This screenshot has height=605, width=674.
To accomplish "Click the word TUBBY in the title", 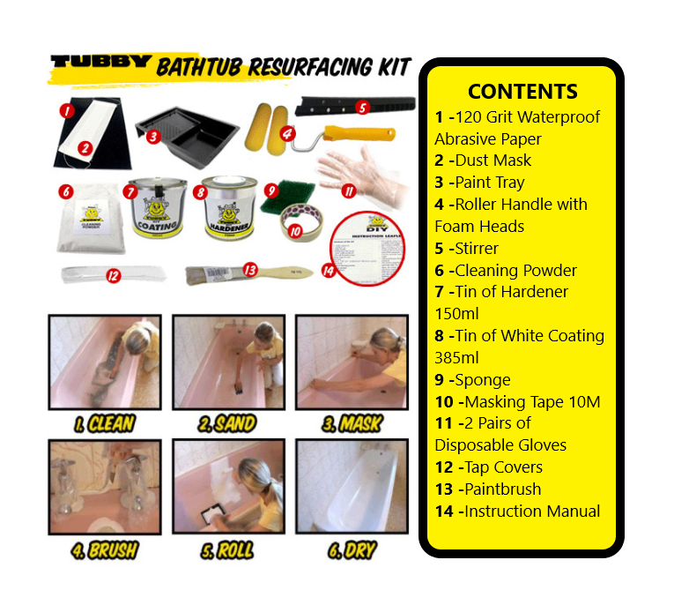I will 99,64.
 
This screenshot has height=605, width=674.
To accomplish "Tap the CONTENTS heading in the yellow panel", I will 522,92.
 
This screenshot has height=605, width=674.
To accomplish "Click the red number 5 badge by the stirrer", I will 361,107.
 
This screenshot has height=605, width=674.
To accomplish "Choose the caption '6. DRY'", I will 352,550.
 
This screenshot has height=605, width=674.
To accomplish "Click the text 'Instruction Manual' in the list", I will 531,511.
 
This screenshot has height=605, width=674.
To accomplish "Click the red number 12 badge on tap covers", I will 112,275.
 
